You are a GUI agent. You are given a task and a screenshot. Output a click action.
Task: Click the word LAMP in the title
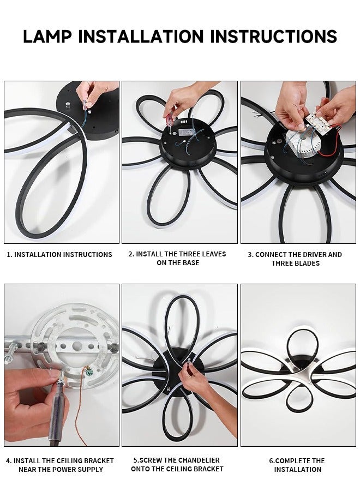pyautogui.click(x=47, y=36)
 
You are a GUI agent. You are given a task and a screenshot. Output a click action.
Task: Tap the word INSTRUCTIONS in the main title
pyautogui.click(x=273, y=36)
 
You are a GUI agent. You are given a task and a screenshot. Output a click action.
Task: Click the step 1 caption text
pyautogui.click(x=59, y=254)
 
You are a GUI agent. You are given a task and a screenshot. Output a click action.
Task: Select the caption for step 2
pyautogui.click(x=177, y=258)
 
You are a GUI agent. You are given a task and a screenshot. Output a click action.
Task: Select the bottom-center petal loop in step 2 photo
pyautogui.click(x=169, y=202)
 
